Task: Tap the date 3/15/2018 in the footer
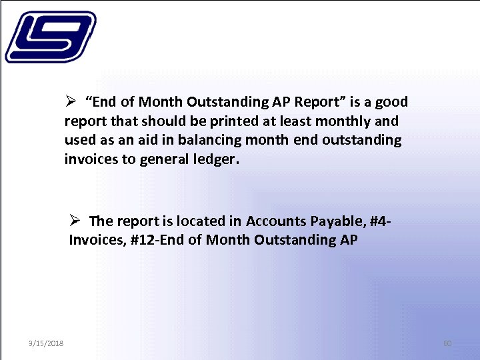pos(46,343)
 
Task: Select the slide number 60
pos(447,343)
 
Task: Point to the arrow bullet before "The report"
pos(75,221)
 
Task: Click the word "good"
pos(392,102)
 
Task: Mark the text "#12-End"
pos(153,240)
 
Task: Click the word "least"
pos(298,121)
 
